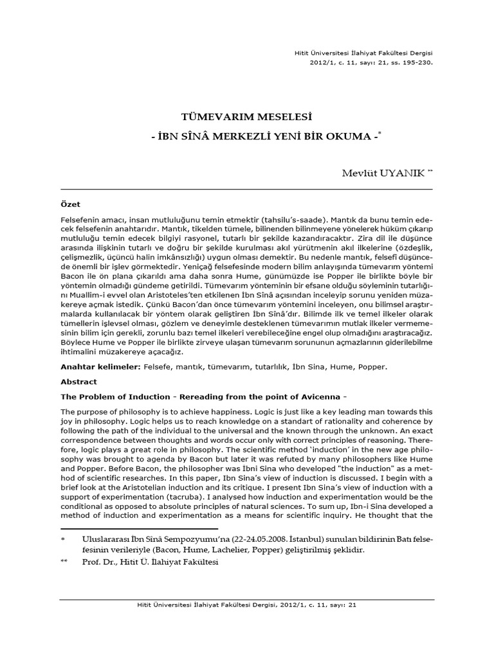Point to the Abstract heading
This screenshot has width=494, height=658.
[78, 381]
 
